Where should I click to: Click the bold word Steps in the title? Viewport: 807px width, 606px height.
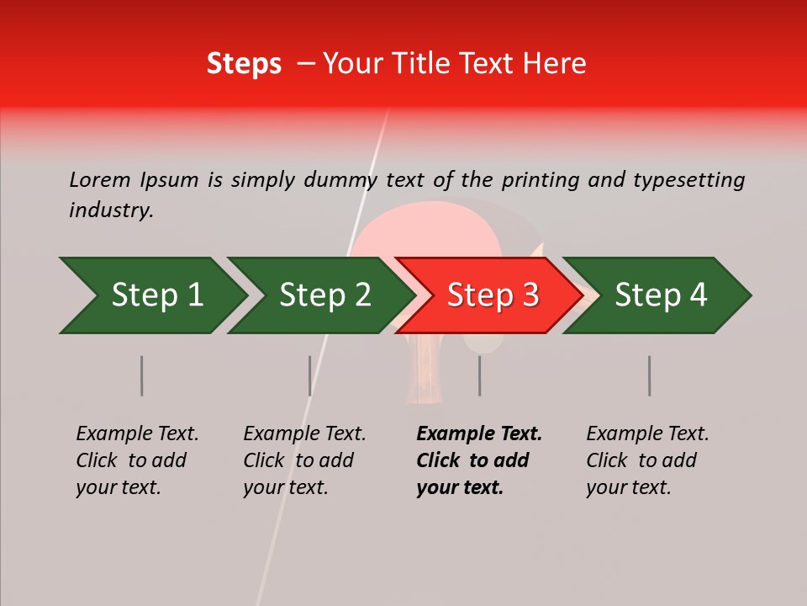(x=244, y=63)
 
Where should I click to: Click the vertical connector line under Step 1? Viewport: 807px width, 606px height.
(x=142, y=375)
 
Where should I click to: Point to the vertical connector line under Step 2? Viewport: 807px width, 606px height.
(x=310, y=375)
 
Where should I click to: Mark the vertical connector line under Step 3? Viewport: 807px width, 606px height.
(x=479, y=375)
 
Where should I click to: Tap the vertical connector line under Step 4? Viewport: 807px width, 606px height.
(x=649, y=375)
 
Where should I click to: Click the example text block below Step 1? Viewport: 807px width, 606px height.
(x=137, y=460)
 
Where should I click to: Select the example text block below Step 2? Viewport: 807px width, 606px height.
(x=304, y=460)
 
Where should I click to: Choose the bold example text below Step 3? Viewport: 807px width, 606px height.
(x=479, y=460)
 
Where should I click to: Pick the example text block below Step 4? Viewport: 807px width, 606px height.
(x=647, y=460)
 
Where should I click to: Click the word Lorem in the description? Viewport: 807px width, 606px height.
(x=99, y=179)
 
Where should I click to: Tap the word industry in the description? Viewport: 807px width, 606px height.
(x=111, y=210)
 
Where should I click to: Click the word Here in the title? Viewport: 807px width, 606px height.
(x=558, y=63)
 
